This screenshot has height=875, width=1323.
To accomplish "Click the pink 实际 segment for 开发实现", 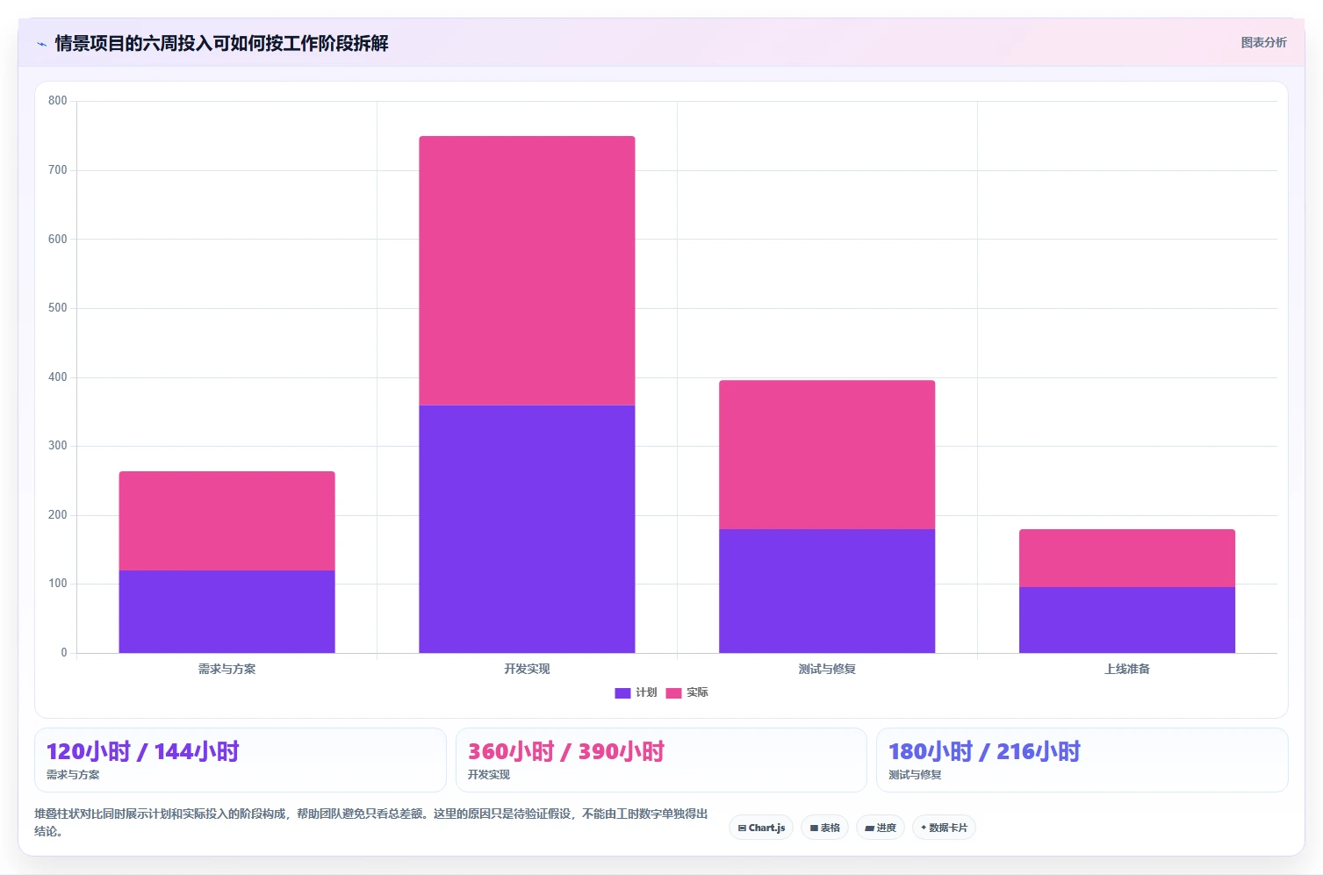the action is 527,270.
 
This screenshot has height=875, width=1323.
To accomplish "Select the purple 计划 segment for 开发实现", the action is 527,529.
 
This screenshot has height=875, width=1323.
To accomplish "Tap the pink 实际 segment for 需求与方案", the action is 226,520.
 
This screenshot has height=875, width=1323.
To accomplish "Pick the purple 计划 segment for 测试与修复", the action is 827,591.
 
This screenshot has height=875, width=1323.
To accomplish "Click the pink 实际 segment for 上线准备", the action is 1127,558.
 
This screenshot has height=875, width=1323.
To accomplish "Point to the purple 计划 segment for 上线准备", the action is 1127,620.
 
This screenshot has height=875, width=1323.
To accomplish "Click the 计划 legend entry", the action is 636,692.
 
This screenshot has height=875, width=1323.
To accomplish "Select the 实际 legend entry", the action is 687,692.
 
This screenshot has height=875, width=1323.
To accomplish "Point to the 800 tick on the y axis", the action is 58,100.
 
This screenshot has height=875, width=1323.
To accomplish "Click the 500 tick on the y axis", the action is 58,307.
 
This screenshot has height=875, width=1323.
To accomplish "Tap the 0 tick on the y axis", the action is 64,652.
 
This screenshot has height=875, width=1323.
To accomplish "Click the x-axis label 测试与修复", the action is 827,669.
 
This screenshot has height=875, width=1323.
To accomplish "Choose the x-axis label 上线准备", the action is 1127,669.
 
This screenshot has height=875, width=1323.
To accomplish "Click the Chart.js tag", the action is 761,828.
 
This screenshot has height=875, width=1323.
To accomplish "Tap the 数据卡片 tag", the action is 944,828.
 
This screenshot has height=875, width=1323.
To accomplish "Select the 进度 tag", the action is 880,828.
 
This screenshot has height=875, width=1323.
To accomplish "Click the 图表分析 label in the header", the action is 1263,42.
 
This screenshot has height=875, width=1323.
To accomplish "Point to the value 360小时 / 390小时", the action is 566,751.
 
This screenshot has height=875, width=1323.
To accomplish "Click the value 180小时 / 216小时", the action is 984,751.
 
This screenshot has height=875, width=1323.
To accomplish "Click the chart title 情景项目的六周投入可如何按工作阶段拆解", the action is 221,43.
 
